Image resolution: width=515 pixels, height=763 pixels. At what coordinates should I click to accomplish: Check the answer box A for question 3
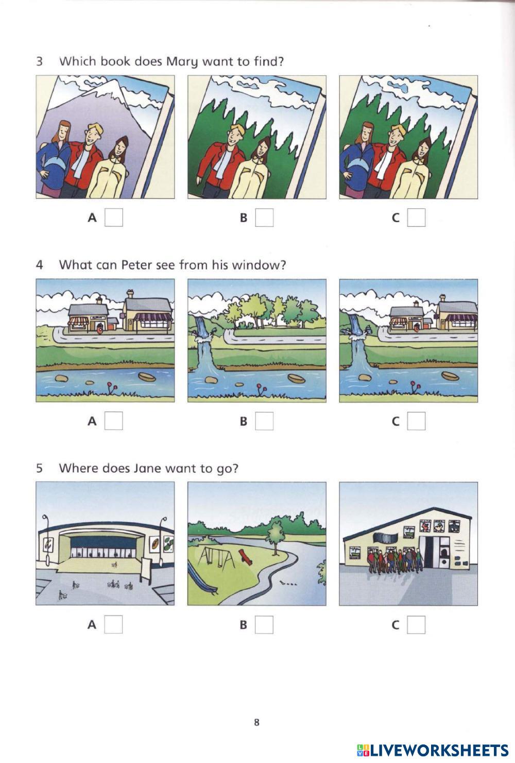click(x=114, y=218)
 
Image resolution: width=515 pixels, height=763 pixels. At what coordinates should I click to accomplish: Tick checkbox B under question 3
click(x=264, y=218)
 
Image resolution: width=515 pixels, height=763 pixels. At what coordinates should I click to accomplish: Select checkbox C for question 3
click(x=416, y=218)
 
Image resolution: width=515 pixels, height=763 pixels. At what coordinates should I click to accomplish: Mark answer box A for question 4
click(x=114, y=421)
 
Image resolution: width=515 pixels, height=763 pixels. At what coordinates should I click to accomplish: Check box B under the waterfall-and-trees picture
click(x=264, y=421)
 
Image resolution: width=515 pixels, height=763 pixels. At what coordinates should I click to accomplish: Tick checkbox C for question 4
click(x=416, y=421)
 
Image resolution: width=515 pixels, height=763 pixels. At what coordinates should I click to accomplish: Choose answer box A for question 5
click(x=114, y=624)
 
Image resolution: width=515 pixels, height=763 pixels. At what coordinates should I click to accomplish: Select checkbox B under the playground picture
click(x=264, y=624)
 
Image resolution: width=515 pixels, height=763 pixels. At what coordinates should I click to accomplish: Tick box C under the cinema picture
click(x=416, y=624)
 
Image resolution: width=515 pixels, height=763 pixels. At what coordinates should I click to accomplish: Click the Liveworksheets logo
click(x=433, y=750)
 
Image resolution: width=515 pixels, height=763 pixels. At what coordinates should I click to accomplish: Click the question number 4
click(x=40, y=264)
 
